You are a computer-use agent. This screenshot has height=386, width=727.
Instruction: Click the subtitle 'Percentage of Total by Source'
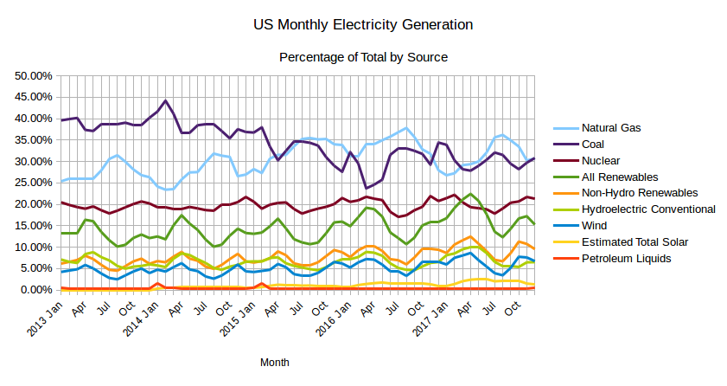[x=363, y=57]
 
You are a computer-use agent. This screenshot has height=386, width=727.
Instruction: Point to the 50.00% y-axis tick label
[x=32, y=75]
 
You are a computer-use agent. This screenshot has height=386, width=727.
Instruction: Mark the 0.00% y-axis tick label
[x=35, y=290]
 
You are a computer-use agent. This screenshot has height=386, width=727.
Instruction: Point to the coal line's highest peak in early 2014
[x=165, y=100]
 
